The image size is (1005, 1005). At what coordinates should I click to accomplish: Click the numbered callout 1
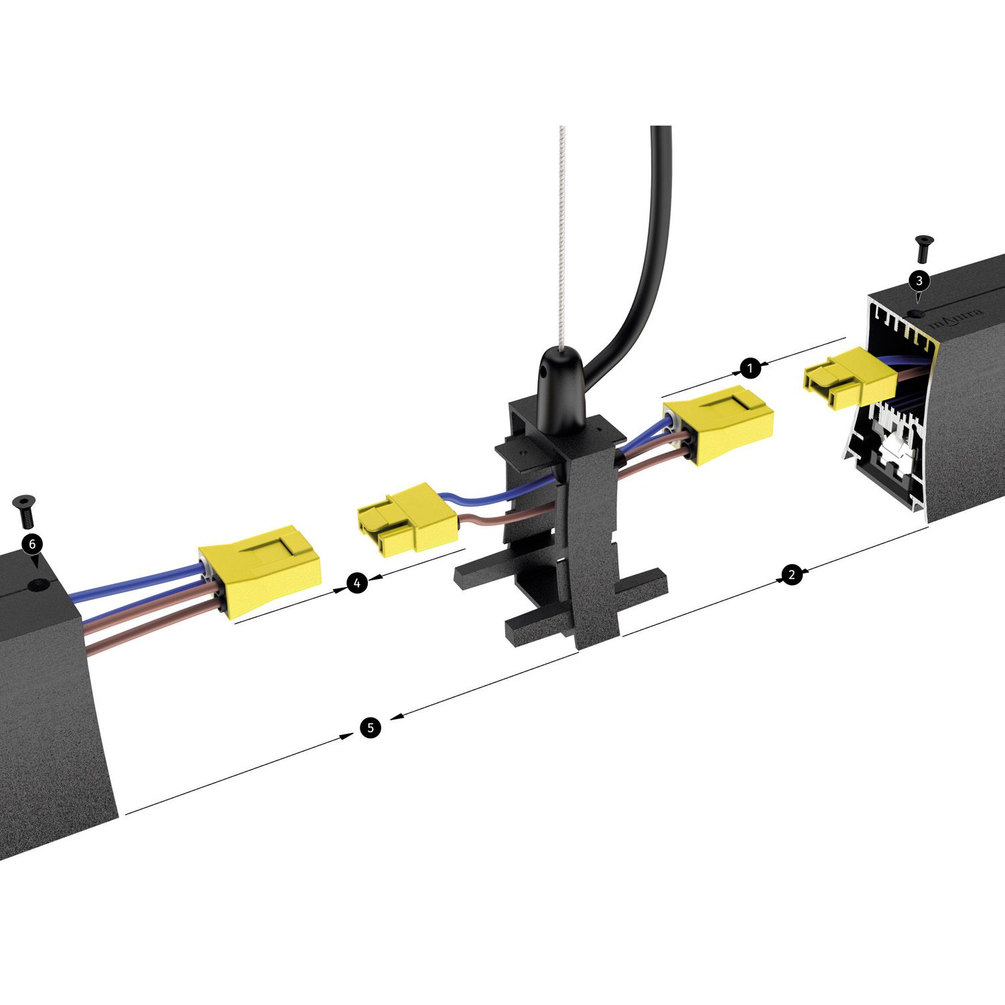(750, 368)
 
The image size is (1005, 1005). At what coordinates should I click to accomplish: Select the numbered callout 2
(792, 574)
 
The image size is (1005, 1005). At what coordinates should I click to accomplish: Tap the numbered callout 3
(919, 279)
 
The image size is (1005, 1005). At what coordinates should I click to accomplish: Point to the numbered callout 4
(357, 584)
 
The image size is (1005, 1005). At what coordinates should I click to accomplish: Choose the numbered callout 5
(371, 728)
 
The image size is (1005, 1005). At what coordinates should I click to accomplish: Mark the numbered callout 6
(32, 543)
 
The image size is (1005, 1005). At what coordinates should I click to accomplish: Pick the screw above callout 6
(25, 511)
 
